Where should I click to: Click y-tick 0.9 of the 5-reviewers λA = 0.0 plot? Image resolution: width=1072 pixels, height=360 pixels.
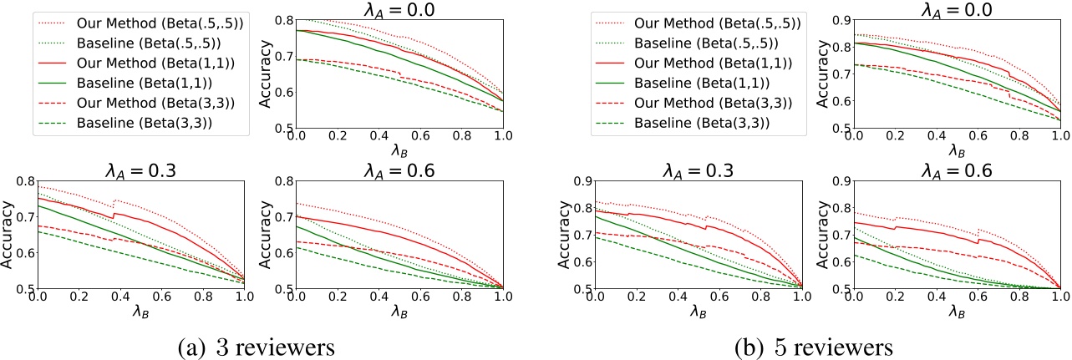click(832, 18)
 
